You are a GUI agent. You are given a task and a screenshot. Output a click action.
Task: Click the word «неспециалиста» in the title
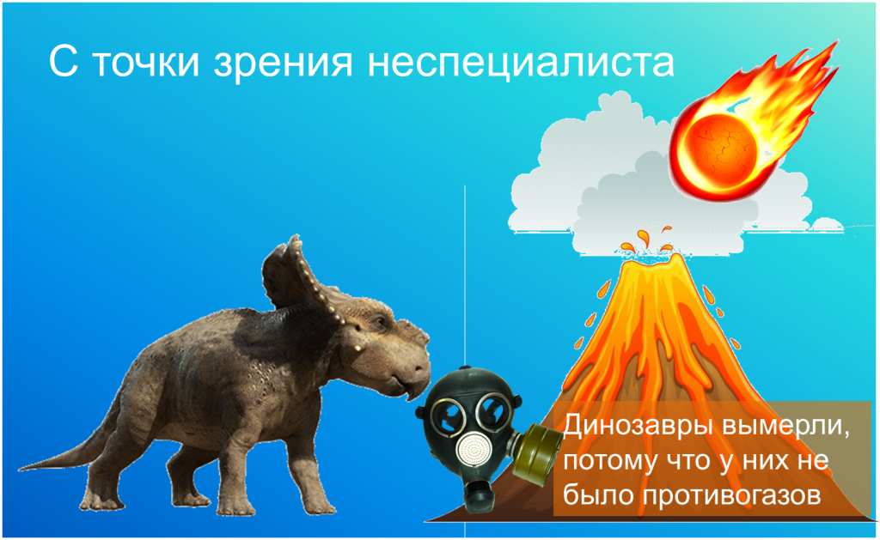(521, 61)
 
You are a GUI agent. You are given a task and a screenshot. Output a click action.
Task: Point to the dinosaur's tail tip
(23, 468)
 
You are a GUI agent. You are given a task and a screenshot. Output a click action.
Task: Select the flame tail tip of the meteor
(835, 44)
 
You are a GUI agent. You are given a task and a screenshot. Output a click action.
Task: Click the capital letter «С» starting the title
(62, 61)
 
